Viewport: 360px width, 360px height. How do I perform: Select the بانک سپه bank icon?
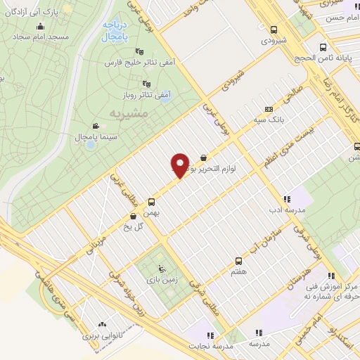268,110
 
